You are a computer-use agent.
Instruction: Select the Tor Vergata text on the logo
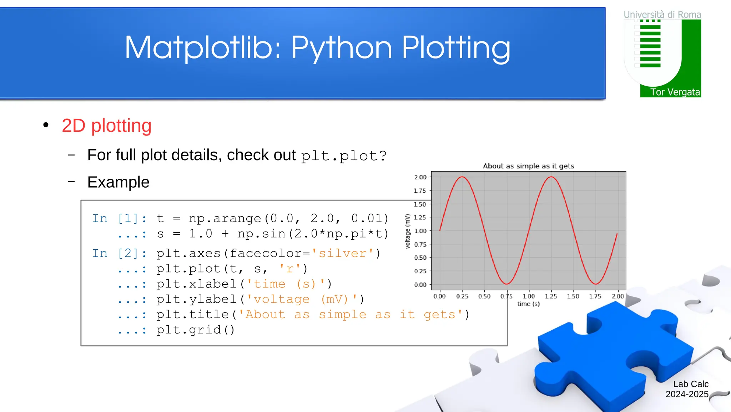pos(675,92)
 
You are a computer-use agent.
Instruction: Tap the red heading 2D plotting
pos(106,126)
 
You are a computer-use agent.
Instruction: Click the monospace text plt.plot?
pos(343,156)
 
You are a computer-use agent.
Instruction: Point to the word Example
pos(118,182)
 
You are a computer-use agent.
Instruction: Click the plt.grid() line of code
pos(196,330)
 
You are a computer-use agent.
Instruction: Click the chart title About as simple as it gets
pos(528,166)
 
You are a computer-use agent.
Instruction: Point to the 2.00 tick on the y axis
pos(420,177)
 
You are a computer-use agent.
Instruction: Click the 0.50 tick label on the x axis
pos(484,296)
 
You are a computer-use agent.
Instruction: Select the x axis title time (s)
pos(528,304)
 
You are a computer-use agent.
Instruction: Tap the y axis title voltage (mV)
pos(408,231)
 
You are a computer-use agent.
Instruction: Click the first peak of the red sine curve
pos(462,177)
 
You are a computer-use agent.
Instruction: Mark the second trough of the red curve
pos(596,284)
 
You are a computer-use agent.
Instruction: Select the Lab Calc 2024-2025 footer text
pos(687,389)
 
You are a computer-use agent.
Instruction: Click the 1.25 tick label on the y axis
pos(420,217)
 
